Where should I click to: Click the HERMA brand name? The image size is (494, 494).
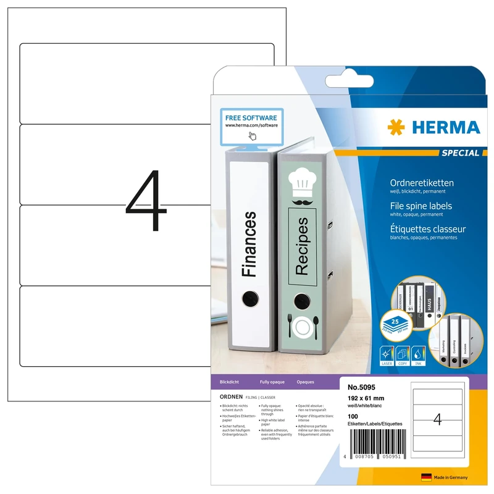(x=445, y=128)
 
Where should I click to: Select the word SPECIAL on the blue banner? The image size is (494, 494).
(x=460, y=153)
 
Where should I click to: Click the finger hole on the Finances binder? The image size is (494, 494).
(x=249, y=298)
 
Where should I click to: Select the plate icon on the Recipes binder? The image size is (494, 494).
(x=303, y=327)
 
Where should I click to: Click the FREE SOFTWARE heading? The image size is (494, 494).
(x=251, y=117)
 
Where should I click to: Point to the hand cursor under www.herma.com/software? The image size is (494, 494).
(x=251, y=136)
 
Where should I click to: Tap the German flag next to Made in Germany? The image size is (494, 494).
(x=425, y=477)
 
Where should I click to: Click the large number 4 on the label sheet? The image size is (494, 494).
(x=146, y=201)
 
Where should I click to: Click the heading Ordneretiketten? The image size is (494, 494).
(x=422, y=183)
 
